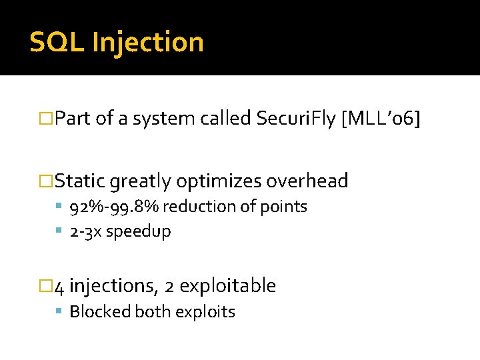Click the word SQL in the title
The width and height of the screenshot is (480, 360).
[57, 42]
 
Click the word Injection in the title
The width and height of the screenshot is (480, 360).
[148, 42]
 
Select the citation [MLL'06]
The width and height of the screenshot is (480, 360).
[381, 119]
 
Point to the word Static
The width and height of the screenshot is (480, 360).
[80, 181]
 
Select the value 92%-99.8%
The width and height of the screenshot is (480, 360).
[114, 207]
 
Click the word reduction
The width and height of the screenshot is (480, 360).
[193, 207]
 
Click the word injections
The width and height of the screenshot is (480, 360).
[113, 286]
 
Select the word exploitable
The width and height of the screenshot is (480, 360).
[227, 286]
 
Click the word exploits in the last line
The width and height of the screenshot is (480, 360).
[209, 312]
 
